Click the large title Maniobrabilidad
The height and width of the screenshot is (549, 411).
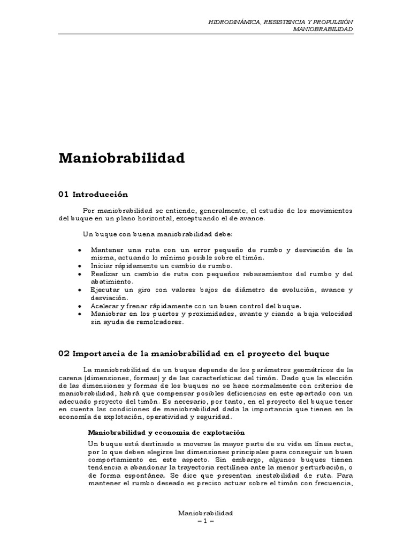pos(121,159)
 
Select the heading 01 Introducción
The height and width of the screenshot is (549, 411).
pos(94,194)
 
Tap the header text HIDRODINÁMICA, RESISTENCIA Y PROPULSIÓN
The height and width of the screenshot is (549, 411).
pos(280,21)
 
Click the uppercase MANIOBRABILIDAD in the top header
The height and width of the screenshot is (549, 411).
pos(323,29)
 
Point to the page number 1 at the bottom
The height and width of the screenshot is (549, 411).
pos(205,522)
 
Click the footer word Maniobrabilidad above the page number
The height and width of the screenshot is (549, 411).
pos(205,514)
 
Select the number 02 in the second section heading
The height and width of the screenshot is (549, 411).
pos(64,354)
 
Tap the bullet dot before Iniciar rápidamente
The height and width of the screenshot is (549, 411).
pos(79,266)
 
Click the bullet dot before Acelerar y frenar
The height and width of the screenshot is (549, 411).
pos(79,306)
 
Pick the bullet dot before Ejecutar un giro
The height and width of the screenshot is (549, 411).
pos(79,290)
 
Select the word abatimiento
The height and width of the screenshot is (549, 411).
pos(112,281)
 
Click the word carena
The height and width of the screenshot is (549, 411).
pos(70,379)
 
